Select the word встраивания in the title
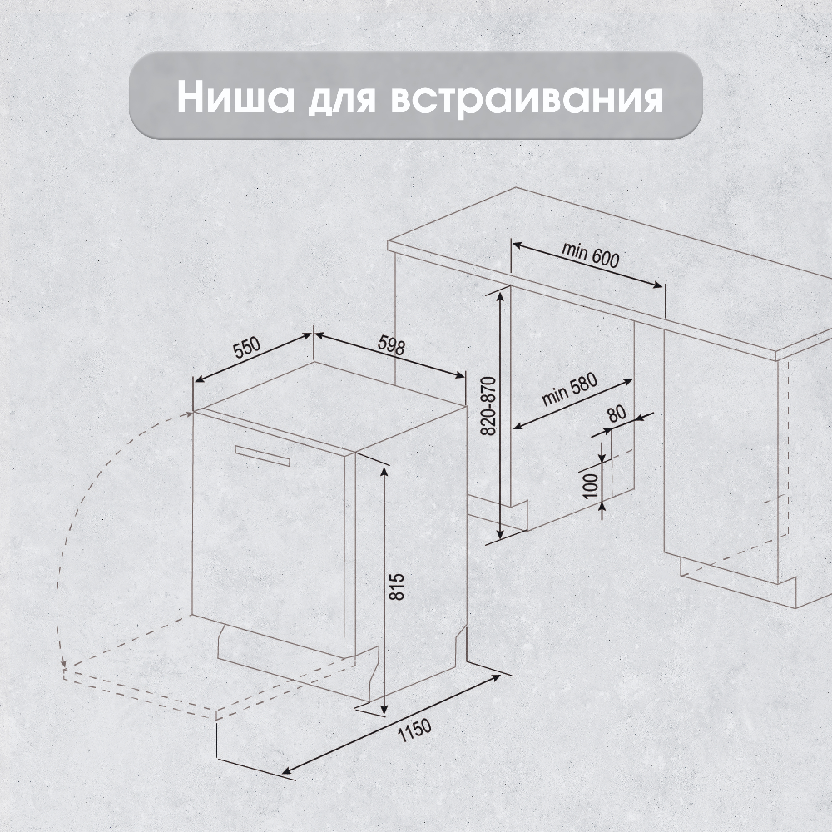(526, 100)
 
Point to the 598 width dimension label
(391, 346)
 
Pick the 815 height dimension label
(396, 586)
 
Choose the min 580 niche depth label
(570, 390)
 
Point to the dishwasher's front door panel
(269, 542)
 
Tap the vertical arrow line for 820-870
(500, 415)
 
